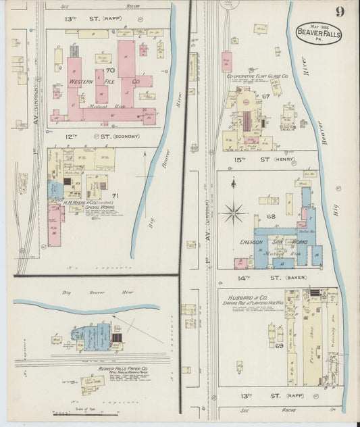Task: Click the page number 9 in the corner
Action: pyautogui.click(x=338, y=11)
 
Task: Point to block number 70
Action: pyautogui.click(x=110, y=69)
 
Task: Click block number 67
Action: pyautogui.click(x=266, y=97)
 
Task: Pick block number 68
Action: pyautogui.click(x=272, y=217)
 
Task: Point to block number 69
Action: pyautogui.click(x=260, y=345)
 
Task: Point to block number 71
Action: pyautogui.click(x=115, y=196)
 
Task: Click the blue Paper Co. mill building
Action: pyautogui.click(x=100, y=336)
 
